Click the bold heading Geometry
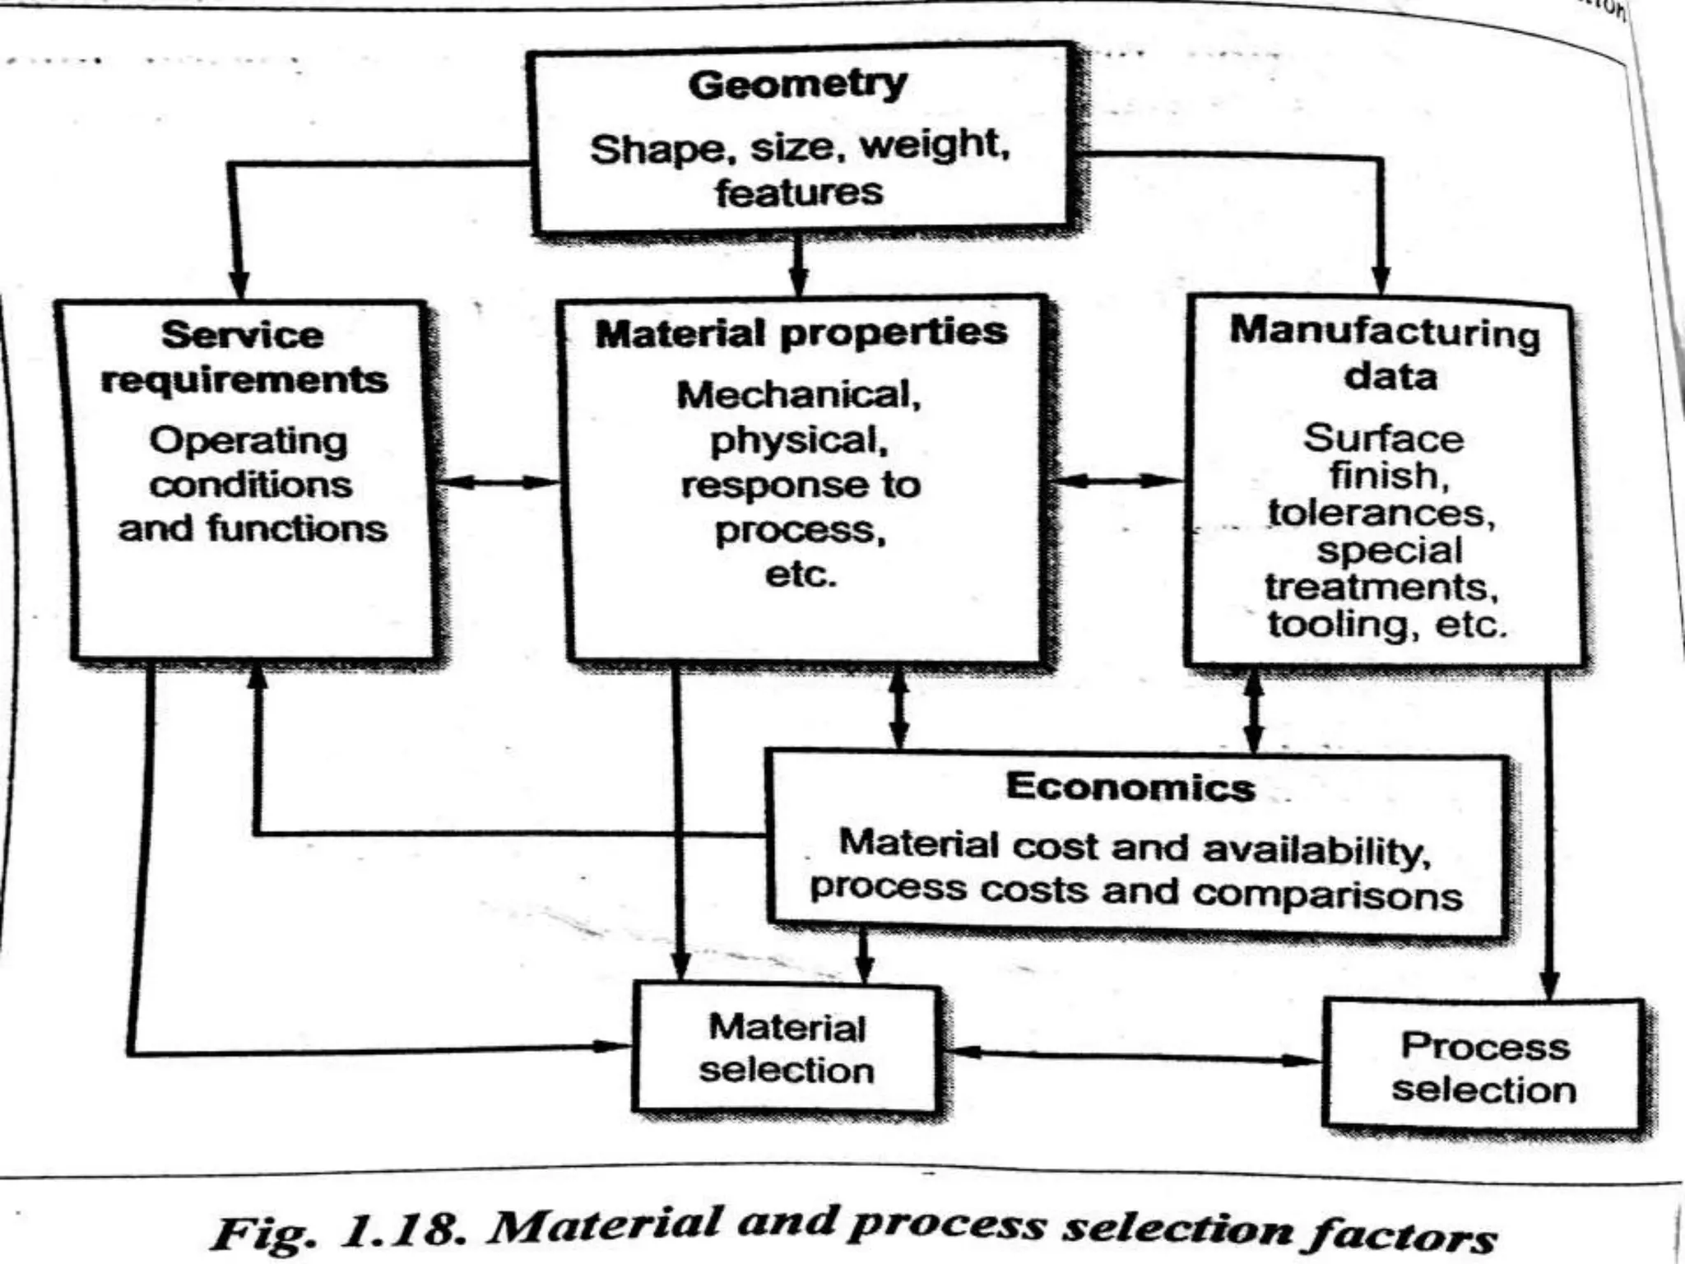click(x=797, y=85)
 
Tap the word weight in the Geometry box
click(x=934, y=146)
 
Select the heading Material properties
click(x=801, y=333)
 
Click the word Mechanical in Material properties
click(x=797, y=395)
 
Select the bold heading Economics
click(x=1130, y=787)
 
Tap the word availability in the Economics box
click(x=1316, y=850)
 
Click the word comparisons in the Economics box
click(x=1327, y=895)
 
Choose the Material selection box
click(x=786, y=1049)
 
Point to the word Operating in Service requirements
click(x=248, y=442)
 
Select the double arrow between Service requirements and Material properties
click(x=497, y=482)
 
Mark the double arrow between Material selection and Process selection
click(x=1131, y=1056)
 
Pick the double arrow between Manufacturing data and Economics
click(x=1253, y=711)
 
